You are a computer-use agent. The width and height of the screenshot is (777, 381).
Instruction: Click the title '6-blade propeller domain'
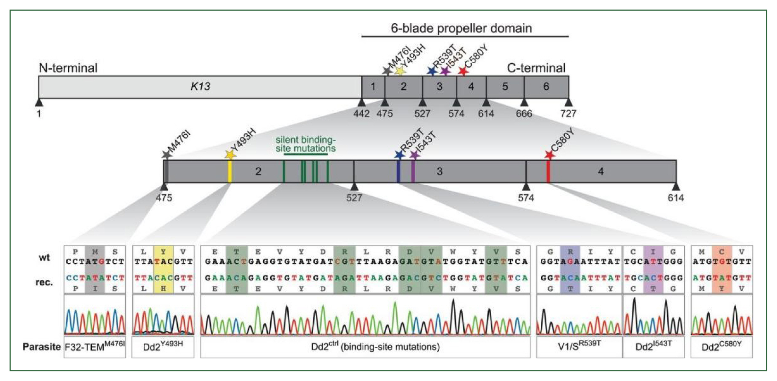(461, 28)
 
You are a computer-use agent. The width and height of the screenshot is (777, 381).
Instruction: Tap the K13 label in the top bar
(200, 87)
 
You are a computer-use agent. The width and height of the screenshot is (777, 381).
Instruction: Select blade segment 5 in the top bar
(505, 87)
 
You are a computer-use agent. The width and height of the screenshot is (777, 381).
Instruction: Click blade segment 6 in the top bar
(546, 87)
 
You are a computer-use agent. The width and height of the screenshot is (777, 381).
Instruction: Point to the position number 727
(568, 114)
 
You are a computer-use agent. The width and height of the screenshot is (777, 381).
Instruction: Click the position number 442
(361, 114)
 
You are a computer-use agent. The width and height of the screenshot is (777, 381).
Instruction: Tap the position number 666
(524, 114)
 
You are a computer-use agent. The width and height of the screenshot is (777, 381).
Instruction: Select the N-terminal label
(68, 68)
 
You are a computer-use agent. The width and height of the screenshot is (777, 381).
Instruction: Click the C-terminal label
(536, 68)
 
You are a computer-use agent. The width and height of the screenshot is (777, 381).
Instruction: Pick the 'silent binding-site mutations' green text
(306, 144)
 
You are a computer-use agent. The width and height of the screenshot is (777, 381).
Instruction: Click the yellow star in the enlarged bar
(230, 155)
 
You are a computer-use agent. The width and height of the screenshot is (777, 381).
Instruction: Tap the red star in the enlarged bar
(550, 155)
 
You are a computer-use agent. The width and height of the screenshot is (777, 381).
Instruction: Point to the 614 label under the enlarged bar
(676, 198)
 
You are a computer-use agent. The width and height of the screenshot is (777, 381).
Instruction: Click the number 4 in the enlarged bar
(601, 172)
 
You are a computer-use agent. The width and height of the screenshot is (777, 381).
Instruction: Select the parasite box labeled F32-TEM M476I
(95, 347)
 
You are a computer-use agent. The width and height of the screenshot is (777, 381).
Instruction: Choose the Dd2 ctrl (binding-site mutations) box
(365, 347)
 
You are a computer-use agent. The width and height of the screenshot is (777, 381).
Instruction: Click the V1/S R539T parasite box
(579, 347)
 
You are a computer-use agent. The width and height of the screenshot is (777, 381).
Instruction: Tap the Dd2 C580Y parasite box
(722, 347)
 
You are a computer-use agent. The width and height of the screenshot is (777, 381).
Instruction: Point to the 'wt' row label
(44, 258)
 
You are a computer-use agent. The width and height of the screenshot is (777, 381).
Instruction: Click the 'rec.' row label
(44, 283)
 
